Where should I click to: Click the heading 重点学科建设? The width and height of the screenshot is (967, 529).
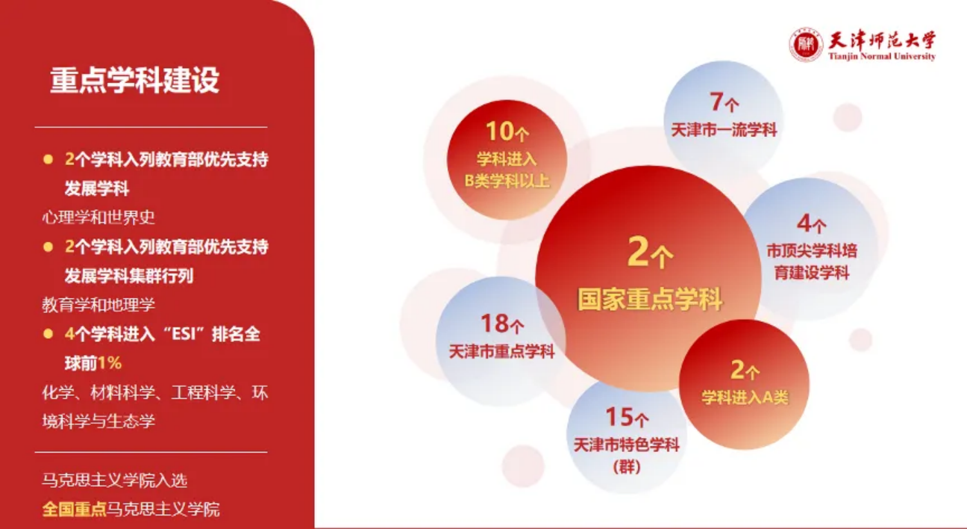coord(135,81)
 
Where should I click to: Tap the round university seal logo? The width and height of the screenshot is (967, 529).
coord(806,45)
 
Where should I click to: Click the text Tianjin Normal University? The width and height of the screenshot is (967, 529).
coord(881,56)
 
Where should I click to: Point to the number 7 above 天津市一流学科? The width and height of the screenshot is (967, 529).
coord(716,102)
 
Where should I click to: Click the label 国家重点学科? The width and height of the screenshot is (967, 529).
coord(650,299)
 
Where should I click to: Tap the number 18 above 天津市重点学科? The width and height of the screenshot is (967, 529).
coord(495,324)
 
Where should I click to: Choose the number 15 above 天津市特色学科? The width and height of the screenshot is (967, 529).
coord(619,417)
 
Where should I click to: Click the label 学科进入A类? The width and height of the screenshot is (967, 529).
coord(745,397)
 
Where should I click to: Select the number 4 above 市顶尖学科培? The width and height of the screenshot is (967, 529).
coord(804,224)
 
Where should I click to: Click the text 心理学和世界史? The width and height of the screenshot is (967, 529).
coord(98,217)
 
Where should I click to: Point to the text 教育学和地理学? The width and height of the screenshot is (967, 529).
coord(98,305)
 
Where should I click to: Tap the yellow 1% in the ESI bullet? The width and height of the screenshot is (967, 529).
coord(110,363)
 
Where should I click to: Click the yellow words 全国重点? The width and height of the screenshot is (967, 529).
coord(75,509)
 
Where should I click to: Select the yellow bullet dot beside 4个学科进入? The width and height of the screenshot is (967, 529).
coord(48,334)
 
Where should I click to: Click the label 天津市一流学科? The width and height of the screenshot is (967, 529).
coord(724,130)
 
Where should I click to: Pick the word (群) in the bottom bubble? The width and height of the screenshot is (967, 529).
coord(627,467)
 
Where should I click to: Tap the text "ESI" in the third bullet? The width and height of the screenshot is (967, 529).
coord(183,334)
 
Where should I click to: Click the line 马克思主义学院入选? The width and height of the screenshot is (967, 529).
coord(114,480)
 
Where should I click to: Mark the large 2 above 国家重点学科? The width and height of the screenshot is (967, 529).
coord(638,251)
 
